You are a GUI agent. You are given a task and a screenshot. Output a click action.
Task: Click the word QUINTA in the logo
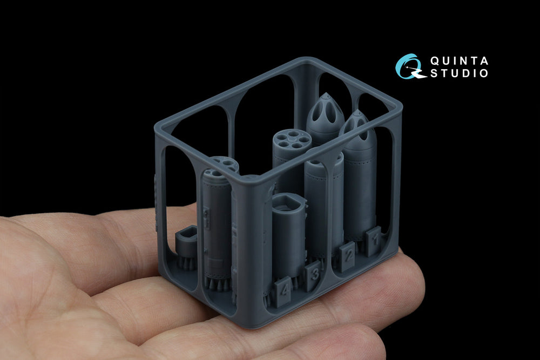[459, 61]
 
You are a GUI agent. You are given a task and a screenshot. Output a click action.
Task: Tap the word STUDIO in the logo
[459, 73]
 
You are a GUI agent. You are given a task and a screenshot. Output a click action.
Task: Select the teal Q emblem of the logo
[410, 66]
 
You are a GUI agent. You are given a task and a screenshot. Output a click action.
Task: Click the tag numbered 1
[374, 241]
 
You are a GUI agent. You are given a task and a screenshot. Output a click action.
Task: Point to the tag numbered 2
[347, 256]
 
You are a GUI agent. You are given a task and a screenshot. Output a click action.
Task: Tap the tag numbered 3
[313, 275]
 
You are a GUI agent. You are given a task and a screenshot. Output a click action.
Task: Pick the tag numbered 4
[283, 290]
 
